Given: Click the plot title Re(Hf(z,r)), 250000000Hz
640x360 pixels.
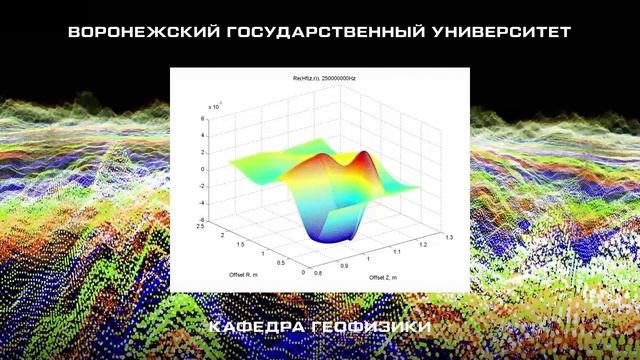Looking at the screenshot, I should (x=320, y=77).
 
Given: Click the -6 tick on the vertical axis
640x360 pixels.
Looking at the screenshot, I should (x=201, y=219).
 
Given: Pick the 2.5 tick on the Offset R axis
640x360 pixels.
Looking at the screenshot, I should (x=201, y=227).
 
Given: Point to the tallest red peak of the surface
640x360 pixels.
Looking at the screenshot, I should (x=364, y=156).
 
